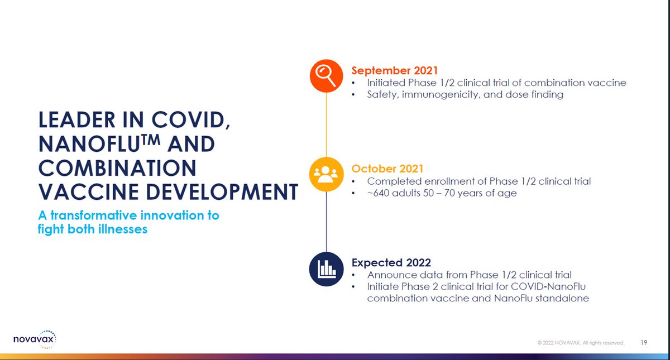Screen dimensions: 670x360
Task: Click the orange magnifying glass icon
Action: click(326, 76)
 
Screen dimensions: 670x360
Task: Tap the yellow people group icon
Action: click(326, 174)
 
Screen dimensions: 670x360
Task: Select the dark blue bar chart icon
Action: click(326, 269)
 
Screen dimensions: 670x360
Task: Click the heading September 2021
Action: click(394, 70)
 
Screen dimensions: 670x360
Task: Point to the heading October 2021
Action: click(387, 169)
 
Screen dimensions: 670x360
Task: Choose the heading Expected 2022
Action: click(391, 262)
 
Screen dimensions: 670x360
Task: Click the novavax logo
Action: click(35, 339)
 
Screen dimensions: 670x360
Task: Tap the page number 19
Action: click(644, 343)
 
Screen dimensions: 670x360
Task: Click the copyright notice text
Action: click(581, 343)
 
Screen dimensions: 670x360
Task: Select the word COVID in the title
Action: click(191, 120)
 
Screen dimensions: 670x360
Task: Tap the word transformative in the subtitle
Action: click(94, 215)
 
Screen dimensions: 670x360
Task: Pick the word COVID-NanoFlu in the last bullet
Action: click(548, 286)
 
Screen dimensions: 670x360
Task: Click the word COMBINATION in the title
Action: click(117, 168)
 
